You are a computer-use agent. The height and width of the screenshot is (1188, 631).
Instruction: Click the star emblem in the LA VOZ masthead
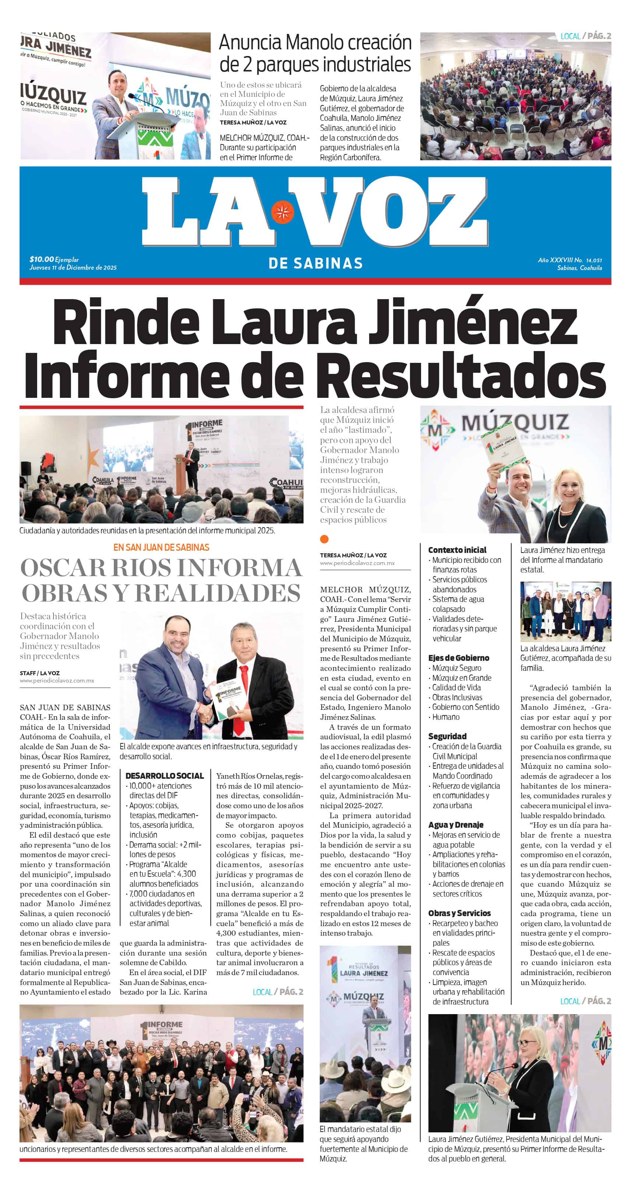click(282, 212)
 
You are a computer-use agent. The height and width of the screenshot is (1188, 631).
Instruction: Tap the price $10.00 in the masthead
click(42, 259)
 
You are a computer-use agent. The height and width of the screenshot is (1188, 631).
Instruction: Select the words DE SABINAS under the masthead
click(315, 263)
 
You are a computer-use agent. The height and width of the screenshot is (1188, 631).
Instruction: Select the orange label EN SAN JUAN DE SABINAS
click(161, 547)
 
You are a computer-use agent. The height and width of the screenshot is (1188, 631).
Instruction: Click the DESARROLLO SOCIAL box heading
click(164, 776)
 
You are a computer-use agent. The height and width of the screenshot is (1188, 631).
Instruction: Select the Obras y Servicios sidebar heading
click(459, 913)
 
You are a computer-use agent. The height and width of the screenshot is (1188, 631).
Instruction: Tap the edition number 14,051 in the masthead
click(594, 260)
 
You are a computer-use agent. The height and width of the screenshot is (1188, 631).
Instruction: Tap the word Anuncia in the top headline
click(250, 42)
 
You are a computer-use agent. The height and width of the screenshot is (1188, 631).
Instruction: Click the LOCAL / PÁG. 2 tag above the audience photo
click(585, 36)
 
